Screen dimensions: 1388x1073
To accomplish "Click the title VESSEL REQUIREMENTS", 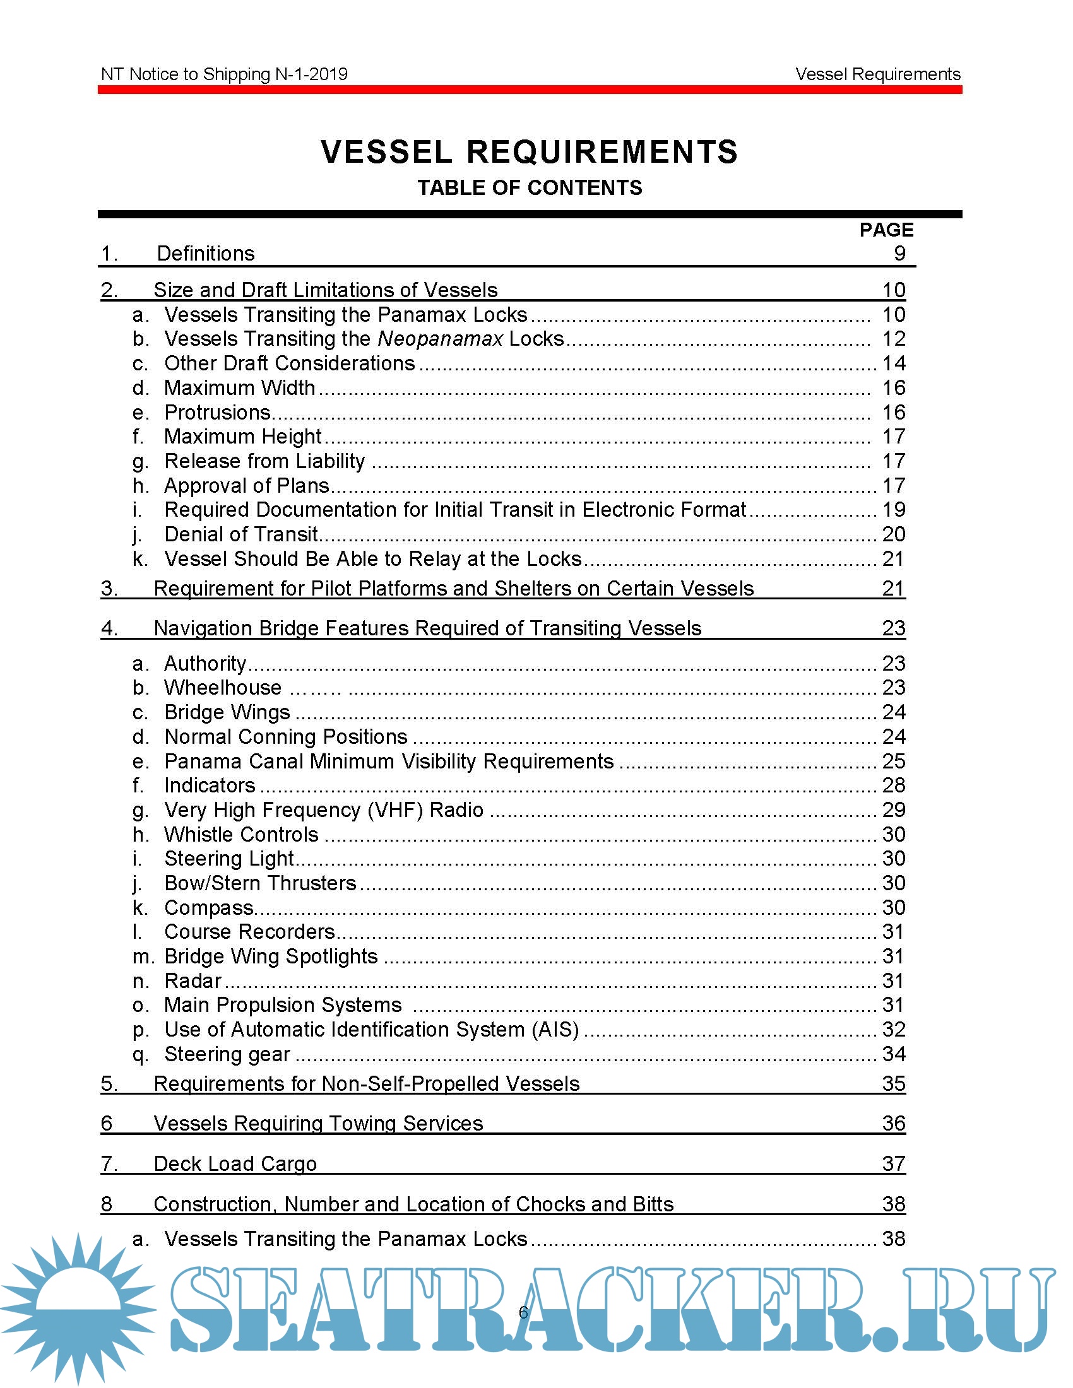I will pos(529,152).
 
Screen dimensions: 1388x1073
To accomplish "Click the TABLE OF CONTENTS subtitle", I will pos(530,188).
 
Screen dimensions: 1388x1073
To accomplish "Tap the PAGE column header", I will pos(886,230).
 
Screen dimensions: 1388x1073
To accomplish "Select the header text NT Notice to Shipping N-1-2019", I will pos(224,74).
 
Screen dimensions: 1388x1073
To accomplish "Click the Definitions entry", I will pos(205,254).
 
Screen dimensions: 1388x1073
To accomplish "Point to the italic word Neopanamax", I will pos(440,339).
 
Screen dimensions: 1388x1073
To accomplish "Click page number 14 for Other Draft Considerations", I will pos(893,363).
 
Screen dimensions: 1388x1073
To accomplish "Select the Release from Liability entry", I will pos(264,461).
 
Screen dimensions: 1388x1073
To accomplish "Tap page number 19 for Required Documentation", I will pos(893,510).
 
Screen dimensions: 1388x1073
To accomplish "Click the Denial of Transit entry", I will pos(241,534).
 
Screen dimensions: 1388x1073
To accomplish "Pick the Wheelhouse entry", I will pos(222,688).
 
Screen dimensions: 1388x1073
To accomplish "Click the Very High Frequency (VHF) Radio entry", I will pos(324,810).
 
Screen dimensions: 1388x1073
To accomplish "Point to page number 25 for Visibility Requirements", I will pos(893,762).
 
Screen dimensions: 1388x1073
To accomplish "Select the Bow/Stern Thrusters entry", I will pos(260,883).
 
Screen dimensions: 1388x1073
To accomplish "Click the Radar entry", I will pos(193,981).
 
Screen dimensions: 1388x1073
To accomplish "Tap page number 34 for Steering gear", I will pos(893,1054).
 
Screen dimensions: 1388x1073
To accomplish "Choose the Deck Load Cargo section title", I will pos(235,1164).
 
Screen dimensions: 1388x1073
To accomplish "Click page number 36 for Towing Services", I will pos(893,1124).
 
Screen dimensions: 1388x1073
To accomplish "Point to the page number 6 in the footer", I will pos(523,1312).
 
